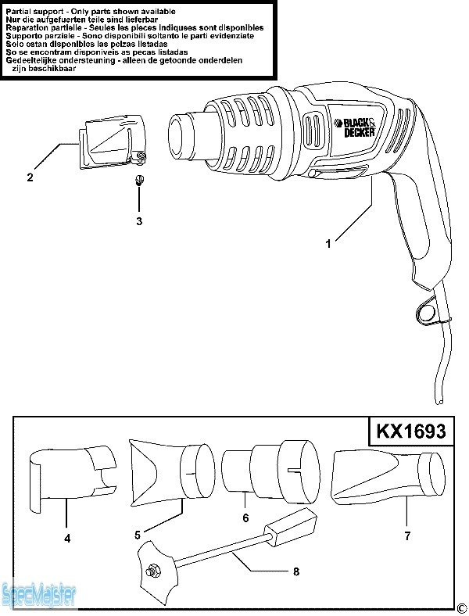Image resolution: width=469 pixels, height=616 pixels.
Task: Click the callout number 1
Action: (x=328, y=244)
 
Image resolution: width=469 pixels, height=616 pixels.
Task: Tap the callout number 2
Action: (x=30, y=177)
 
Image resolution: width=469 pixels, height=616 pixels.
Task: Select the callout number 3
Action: (x=139, y=221)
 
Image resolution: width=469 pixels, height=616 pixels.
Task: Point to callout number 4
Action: (x=67, y=538)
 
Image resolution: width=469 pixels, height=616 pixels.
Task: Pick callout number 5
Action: (x=138, y=535)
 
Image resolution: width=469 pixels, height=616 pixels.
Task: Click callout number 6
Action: (x=245, y=518)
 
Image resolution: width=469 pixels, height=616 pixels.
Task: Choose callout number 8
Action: (x=295, y=571)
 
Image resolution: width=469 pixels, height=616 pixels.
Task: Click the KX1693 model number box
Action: (x=411, y=432)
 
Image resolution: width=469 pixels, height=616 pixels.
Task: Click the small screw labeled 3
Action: (x=139, y=181)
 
